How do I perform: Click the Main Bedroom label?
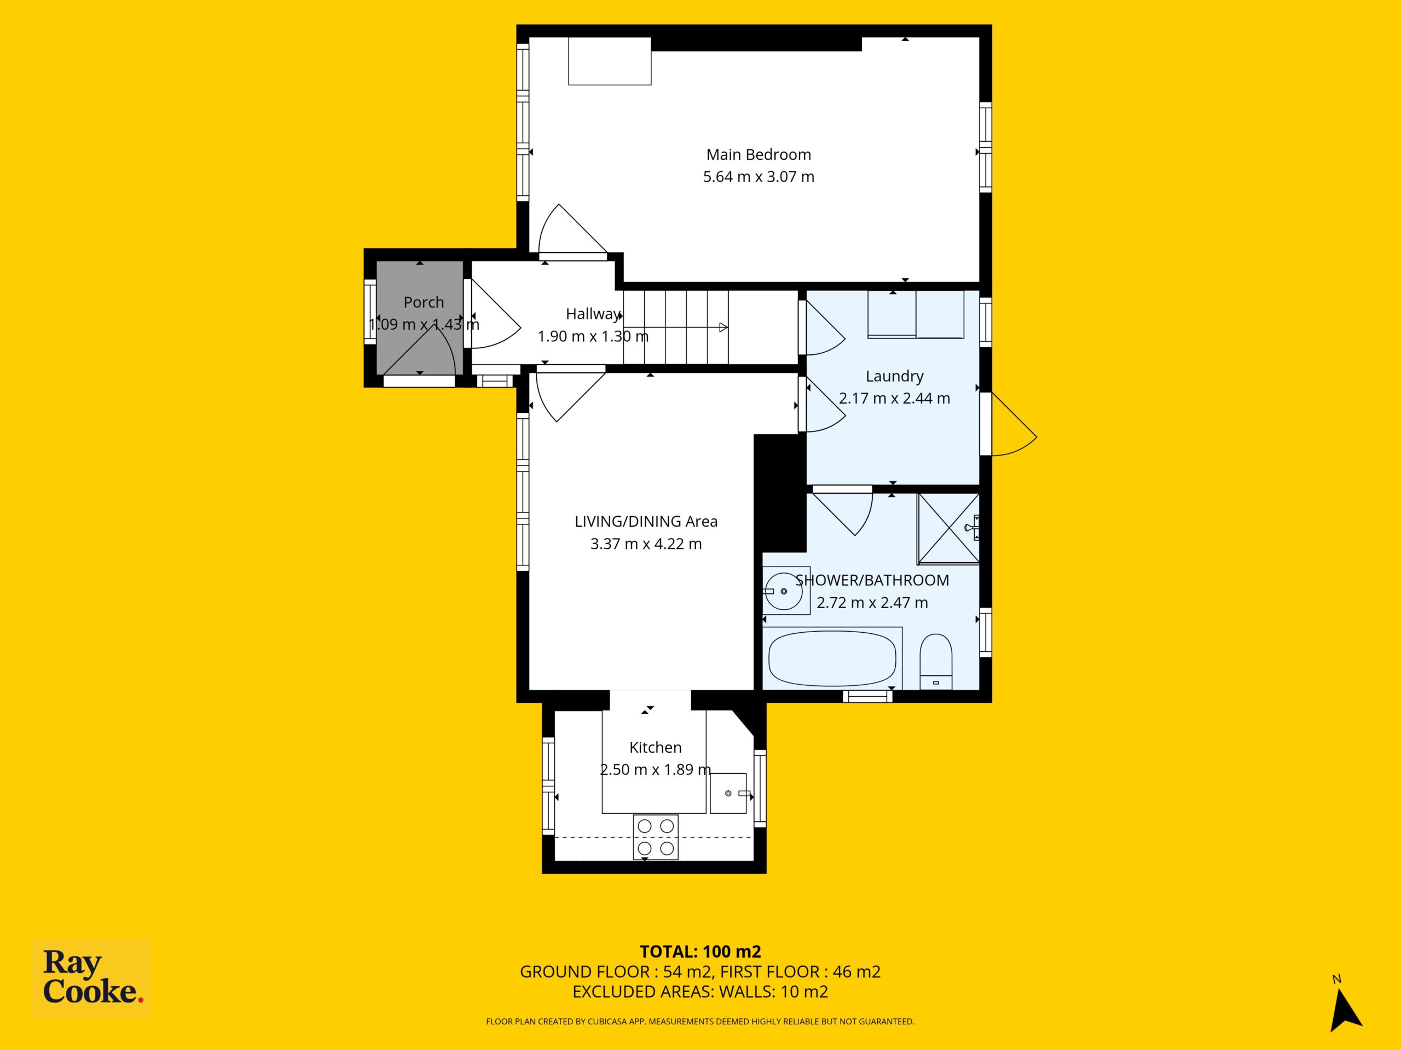coord(758,154)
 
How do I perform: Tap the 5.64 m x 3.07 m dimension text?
coord(758,177)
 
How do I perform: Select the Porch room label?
coord(424,302)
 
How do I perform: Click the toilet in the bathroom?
coord(935,661)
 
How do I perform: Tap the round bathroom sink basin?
coord(784,591)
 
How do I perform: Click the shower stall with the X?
coord(948,528)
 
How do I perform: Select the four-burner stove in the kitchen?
coord(656,837)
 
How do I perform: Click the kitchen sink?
coord(728,793)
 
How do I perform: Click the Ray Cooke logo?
coord(92,977)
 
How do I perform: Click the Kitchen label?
coord(656,748)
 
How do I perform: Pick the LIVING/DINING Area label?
coord(646,522)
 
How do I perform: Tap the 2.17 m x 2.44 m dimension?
coord(894,399)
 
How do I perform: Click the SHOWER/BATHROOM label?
coord(872,580)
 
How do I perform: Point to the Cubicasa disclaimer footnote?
coord(700,1022)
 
